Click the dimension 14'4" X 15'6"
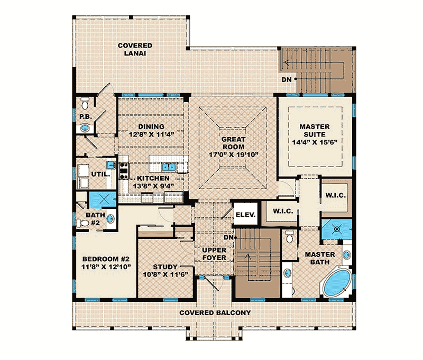click(x=315, y=142)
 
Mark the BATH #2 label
click(x=96, y=219)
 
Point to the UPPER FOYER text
click(x=215, y=254)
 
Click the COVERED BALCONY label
click(x=215, y=312)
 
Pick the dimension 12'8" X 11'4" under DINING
click(x=151, y=135)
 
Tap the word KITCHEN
click(x=154, y=179)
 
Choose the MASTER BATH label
click(x=319, y=258)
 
